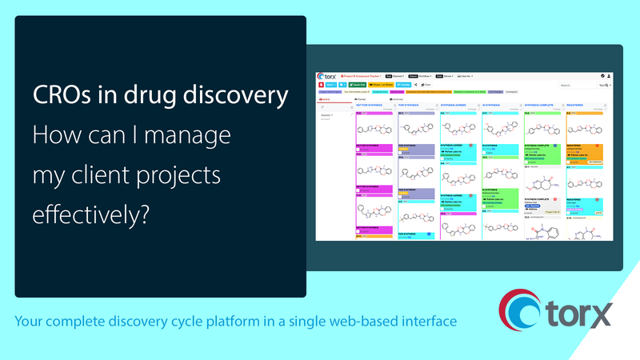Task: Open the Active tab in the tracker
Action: pos(326,99)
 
